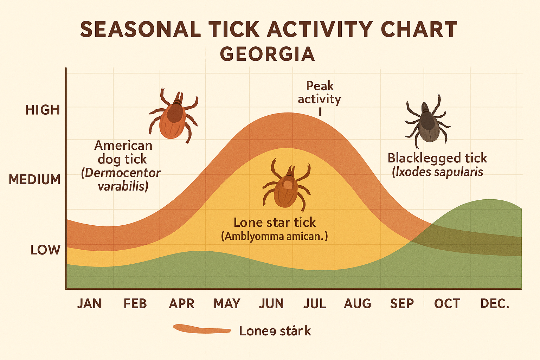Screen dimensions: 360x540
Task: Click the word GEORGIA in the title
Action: pyautogui.click(x=267, y=54)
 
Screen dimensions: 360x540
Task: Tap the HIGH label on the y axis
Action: pyautogui.click(x=43, y=110)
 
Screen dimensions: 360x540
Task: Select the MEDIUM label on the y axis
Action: pyautogui.click(x=35, y=180)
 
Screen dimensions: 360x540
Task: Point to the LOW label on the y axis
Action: pyautogui.click(x=45, y=250)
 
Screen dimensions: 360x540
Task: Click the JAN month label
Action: pyautogui.click(x=89, y=303)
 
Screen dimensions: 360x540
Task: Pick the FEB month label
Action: pyautogui.click(x=135, y=303)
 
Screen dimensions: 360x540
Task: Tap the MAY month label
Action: pyautogui.click(x=227, y=303)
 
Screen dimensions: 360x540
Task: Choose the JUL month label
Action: pyautogui.click(x=315, y=303)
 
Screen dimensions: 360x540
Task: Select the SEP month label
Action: pyautogui.click(x=402, y=303)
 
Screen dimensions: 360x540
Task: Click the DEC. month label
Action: pyautogui.click(x=495, y=303)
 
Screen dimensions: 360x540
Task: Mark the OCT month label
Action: pyautogui.click(x=447, y=303)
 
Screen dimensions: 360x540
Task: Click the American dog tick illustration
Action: pyautogui.click(x=173, y=116)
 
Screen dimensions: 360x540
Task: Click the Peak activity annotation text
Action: pyautogui.click(x=319, y=93)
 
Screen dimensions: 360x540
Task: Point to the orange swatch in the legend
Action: pyautogui.click(x=202, y=329)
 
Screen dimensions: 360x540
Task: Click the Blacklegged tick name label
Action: pyautogui.click(x=437, y=158)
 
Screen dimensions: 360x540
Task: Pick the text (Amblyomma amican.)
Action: pyautogui.click(x=274, y=236)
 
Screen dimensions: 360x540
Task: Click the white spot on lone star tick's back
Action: pyautogui.click(x=288, y=184)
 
